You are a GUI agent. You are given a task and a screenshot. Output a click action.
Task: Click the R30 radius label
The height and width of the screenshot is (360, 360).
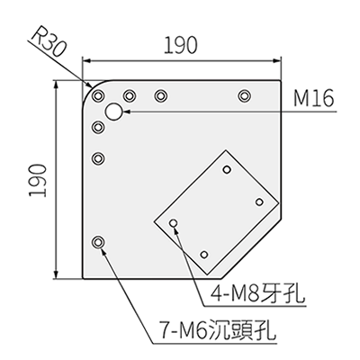pyautogui.click(x=48, y=43)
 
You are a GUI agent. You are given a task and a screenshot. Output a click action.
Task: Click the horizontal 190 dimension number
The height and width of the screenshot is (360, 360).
pyautogui.click(x=181, y=45)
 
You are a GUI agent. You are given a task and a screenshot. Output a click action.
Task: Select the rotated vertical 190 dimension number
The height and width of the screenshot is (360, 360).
pyautogui.click(x=38, y=180)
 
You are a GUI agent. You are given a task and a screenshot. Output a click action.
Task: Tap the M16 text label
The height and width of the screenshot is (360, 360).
pyautogui.click(x=313, y=98)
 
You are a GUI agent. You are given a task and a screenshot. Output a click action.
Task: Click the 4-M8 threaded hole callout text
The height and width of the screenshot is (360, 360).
pyautogui.click(x=258, y=293)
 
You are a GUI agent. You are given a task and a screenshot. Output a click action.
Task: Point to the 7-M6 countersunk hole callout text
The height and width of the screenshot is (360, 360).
pyautogui.click(x=217, y=329)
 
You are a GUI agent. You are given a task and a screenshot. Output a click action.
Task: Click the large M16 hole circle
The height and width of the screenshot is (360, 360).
pyautogui.click(x=114, y=112)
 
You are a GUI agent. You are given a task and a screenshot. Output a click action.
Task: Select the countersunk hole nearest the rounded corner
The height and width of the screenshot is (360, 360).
pyautogui.click(x=98, y=96)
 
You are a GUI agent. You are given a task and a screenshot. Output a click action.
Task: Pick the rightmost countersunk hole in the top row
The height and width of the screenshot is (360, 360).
pyautogui.click(x=245, y=96)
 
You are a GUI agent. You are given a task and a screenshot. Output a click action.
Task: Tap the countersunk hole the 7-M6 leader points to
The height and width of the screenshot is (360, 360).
pyautogui.click(x=98, y=242)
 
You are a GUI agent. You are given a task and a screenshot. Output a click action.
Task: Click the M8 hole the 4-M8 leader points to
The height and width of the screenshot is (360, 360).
pyautogui.click(x=174, y=223)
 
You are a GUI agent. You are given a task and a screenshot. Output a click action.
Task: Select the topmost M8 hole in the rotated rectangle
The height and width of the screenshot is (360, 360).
pyautogui.click(x=227, y=169)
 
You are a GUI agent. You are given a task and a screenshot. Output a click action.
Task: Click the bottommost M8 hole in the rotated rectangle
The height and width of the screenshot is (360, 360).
pyautogui.click(x=204, y=255)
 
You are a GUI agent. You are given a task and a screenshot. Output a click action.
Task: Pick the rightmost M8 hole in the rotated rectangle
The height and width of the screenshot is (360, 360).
pyautogui.click(x=259, y=202)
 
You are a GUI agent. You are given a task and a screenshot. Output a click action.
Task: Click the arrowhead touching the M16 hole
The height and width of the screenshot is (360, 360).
pyautogui.click(x=126, y=112)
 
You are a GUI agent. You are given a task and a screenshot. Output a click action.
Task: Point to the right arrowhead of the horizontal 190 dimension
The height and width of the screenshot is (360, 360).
pyautogui.click(x=276, y=60)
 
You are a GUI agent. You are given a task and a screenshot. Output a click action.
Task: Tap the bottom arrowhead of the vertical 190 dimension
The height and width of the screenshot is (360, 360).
pyautogui.click(x=56, y=274)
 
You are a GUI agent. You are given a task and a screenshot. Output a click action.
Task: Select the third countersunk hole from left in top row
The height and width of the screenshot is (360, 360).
pyautogui.click(x=161, y=96)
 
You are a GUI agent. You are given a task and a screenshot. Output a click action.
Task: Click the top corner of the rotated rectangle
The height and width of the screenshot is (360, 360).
pyautogui.click(x=226, y=150)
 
